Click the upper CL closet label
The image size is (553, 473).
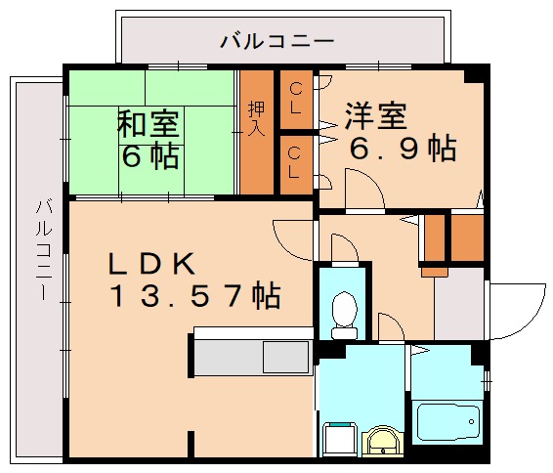[294, 98]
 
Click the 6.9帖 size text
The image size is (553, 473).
[404, 149]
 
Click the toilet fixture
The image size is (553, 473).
[341, 308]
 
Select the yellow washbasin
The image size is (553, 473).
[381, 442]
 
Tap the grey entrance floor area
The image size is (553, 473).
[457, 303]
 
